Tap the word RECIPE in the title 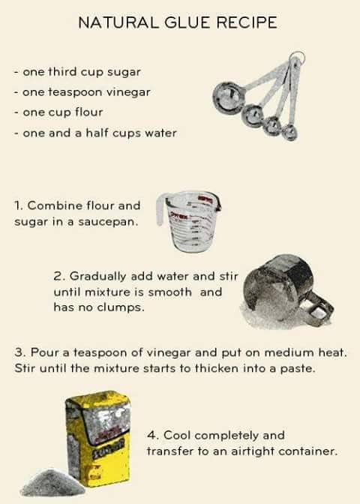(x=247, y=22)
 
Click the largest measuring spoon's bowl (x=227, y=97)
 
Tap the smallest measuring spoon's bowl (x=289, y=132)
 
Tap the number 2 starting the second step (x=58, y=276)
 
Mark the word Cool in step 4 (x=178, y=435)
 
